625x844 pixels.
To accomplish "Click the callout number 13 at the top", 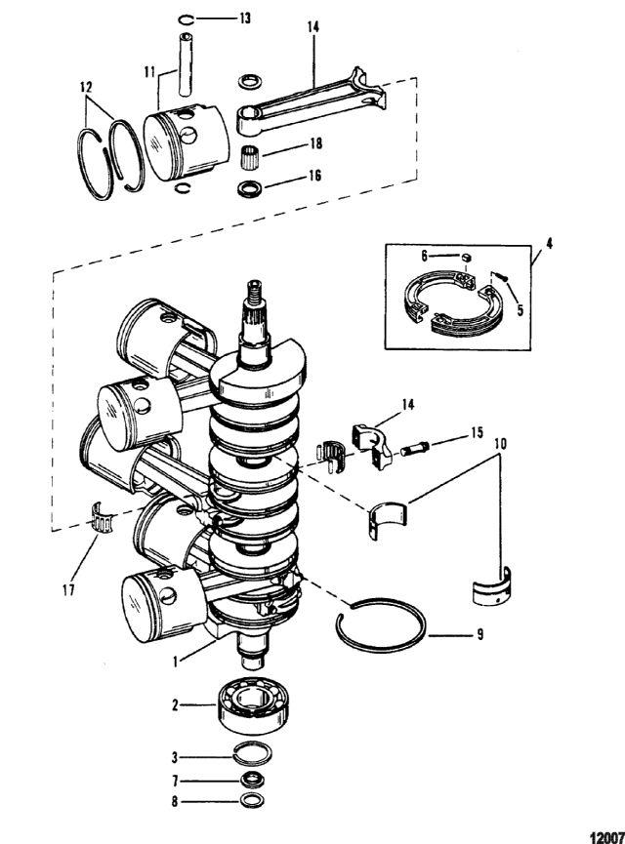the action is point(244,19).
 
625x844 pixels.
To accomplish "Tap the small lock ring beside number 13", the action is point(186,20).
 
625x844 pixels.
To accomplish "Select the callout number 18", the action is point(315,143).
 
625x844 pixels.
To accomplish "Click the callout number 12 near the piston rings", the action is point(86,87).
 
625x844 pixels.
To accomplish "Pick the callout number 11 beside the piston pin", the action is point(149,71).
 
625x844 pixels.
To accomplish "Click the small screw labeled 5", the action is point(499,277).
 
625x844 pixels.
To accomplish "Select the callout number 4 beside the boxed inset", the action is point(549,243).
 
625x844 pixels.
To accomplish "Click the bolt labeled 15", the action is point(415,448).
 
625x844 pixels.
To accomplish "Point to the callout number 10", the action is point(500,445).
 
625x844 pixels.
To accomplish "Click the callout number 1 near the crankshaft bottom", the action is point(175,661).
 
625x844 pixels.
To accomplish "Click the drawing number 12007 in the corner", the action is point(607,837).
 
